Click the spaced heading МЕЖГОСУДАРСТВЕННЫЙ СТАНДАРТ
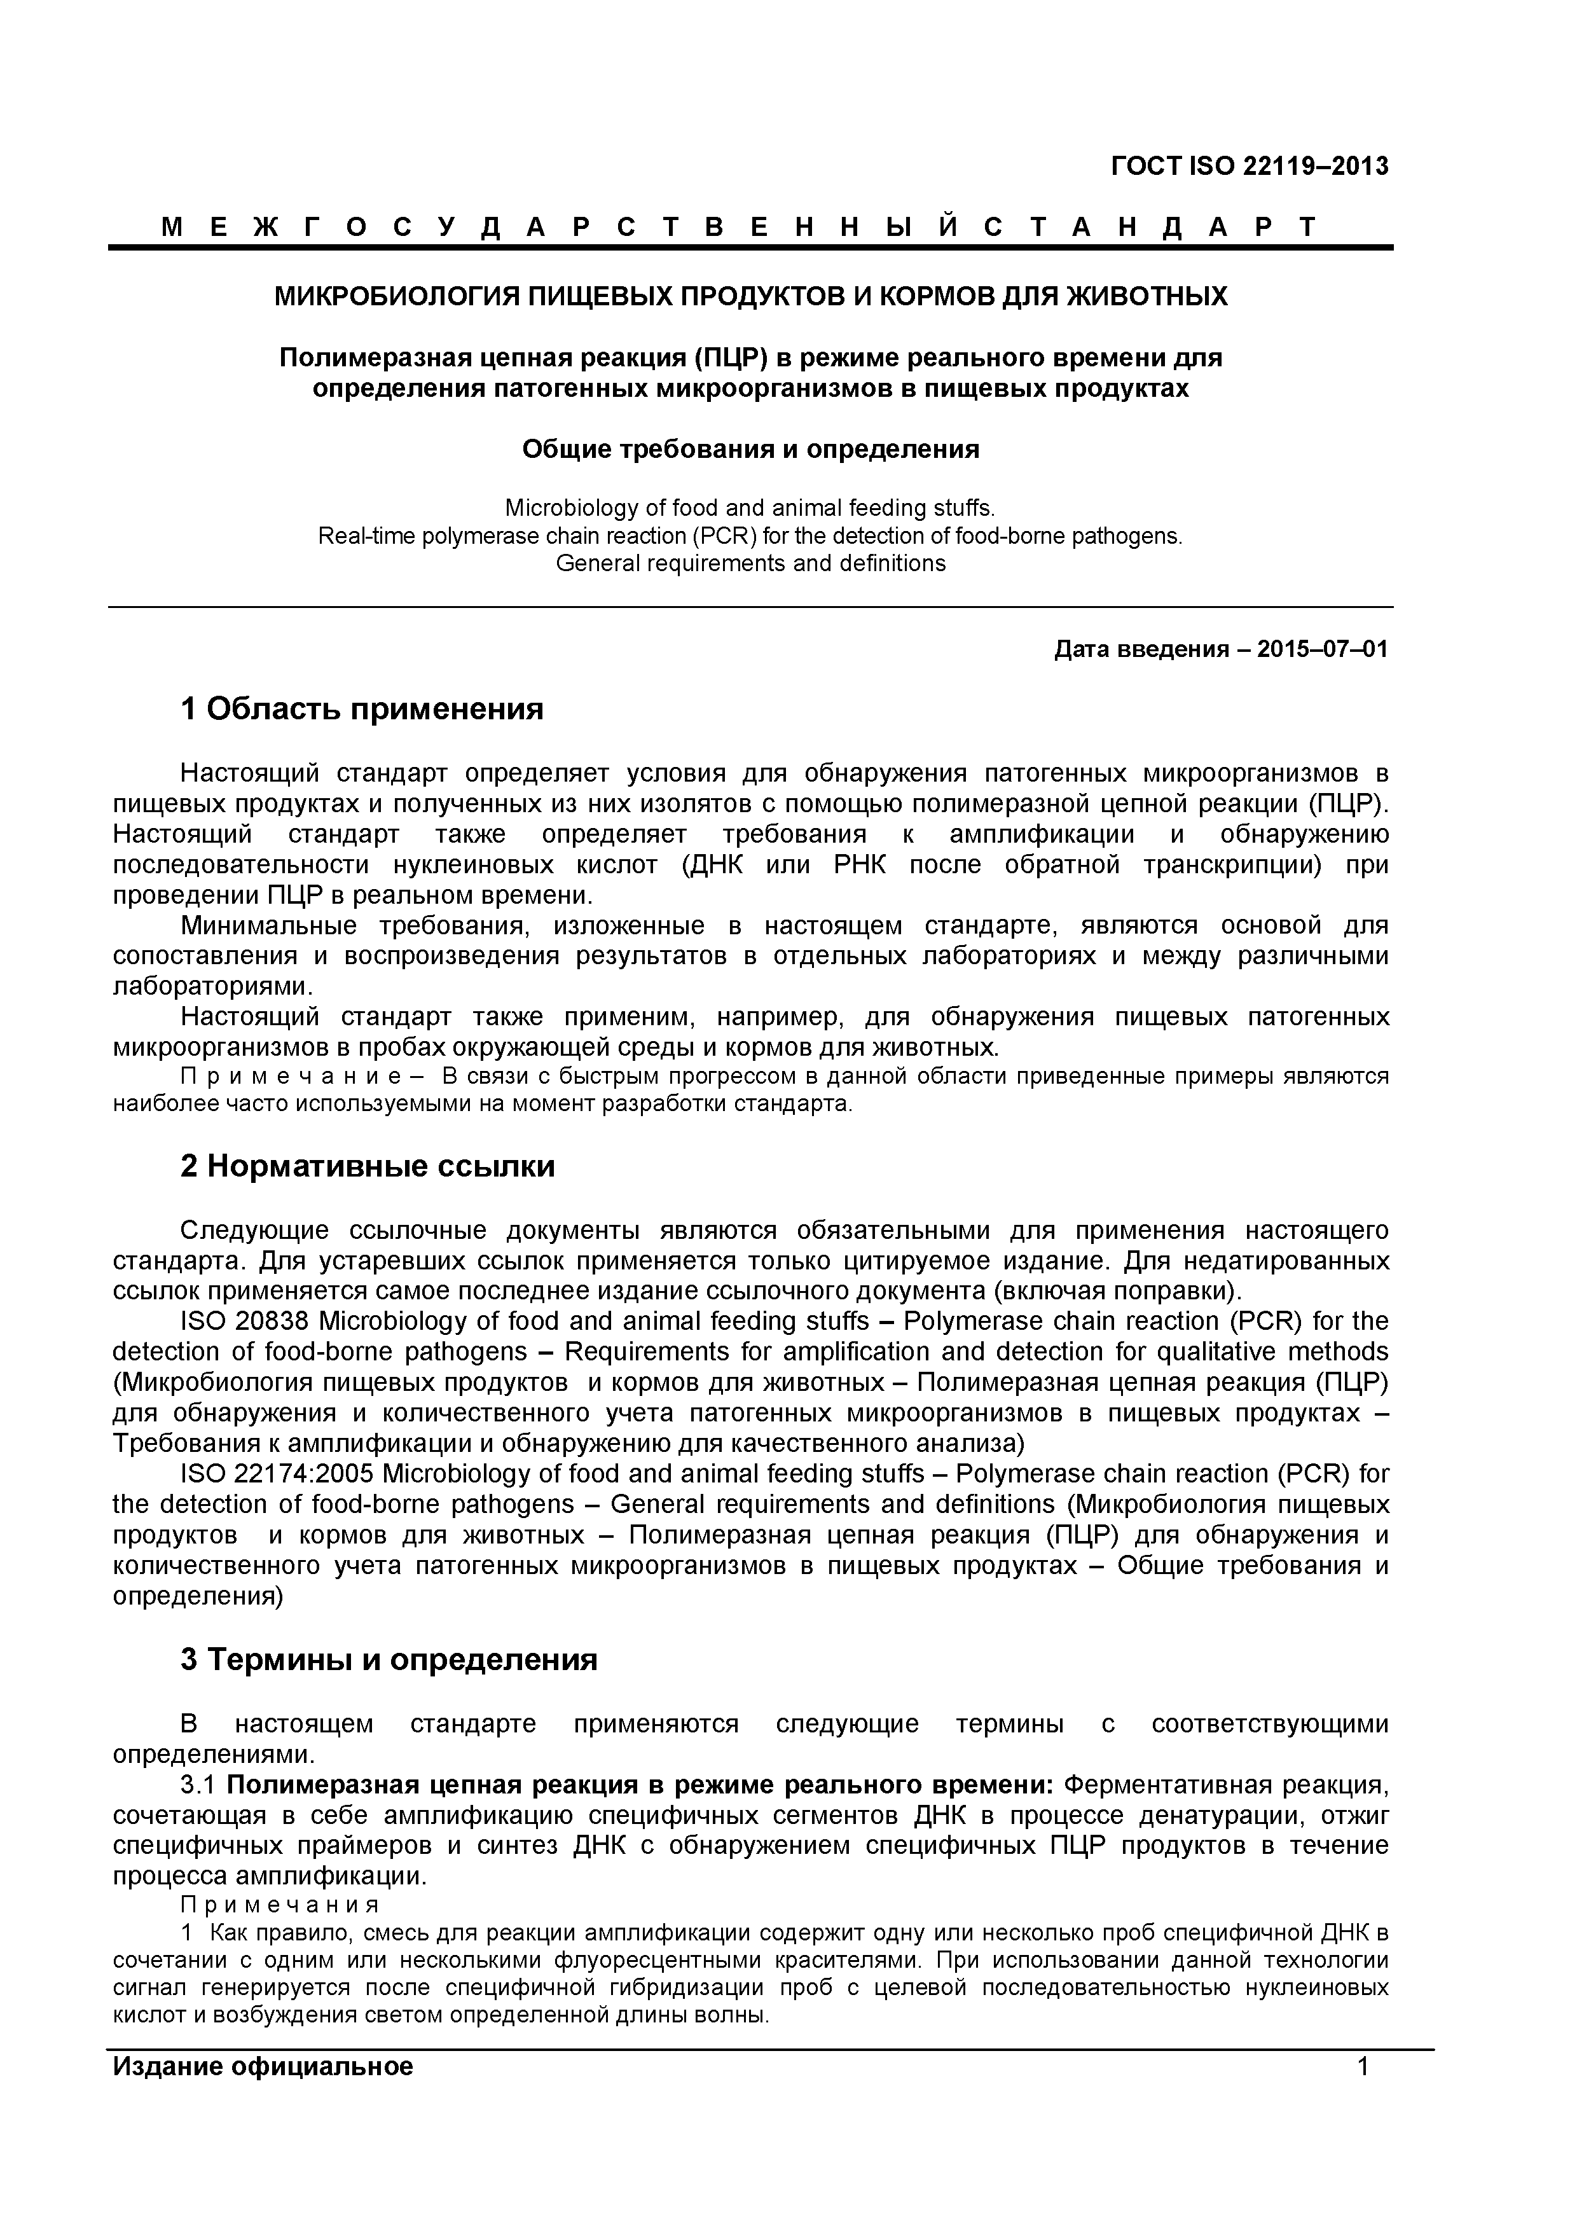click(x=738, y=228)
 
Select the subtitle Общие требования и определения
click(x=750, y=449)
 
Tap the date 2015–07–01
click(x=1323, y=649)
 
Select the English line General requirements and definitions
click(x=750, y=563)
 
